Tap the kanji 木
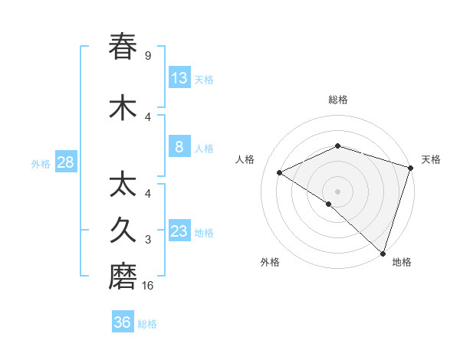tap(123, 108)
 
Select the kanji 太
tap(123, 186)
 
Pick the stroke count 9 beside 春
tap(148, 55)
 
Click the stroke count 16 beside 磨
tap(149, 286)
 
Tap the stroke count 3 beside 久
tap(148, 240)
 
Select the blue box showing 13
tap(179, 77)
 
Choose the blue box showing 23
tap(179, 231)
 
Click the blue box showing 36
tap(123, 322)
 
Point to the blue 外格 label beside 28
tap(41, 163)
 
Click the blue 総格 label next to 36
tap(147, 324)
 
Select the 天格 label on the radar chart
tap(431, 159)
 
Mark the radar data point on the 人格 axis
tap(280, 173)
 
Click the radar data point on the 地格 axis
tap(383, 253)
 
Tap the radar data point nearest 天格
tap(410, 168)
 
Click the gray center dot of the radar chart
tap(337, 191)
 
